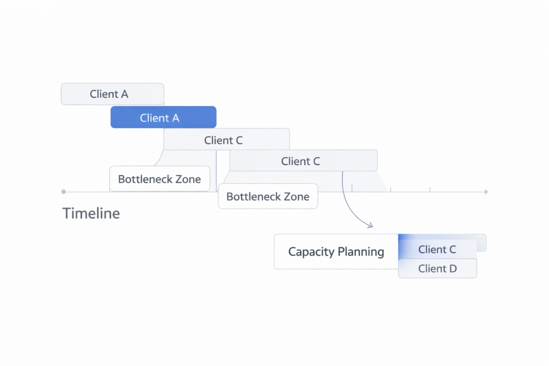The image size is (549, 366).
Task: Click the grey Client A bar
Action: (x=112, y=94)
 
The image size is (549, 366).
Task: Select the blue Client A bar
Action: (x=163, y=117)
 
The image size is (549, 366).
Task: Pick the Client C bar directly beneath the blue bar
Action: (x=226, y=139)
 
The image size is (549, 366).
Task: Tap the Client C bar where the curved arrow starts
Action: (x=303, y=161)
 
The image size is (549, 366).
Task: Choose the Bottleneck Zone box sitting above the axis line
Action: (x=160, y=179)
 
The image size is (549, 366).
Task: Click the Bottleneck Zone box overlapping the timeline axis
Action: (x=268, y=197)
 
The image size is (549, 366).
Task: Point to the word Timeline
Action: (x=91, y=213)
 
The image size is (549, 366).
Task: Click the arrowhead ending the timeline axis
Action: (x=486, y=191)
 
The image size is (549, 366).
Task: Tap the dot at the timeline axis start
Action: (x=63, y=191)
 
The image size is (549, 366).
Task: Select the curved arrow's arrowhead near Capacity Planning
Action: (x=370, y=226)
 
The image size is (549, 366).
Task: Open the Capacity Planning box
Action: (x=336, y=251)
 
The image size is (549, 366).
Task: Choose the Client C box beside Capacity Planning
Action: (x=437, y=249)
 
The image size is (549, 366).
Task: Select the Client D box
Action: (x=437, y=268)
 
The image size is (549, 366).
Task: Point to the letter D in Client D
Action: (x=453, y=268)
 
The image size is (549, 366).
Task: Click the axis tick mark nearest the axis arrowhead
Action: (x=430, y=189)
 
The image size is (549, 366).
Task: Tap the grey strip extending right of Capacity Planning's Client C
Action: (x=481, y=243)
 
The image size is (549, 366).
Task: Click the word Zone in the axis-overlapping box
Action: (x=296, y=197)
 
